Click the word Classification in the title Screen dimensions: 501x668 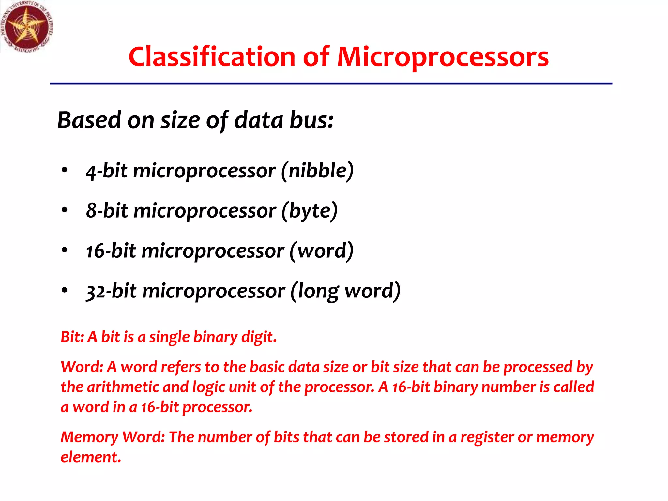(212, 57)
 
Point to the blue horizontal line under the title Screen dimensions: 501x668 (331, 84)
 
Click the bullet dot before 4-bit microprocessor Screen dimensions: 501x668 (65, 170)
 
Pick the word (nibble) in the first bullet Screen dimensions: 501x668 (317, 171)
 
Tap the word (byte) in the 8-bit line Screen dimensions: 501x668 (309, 211)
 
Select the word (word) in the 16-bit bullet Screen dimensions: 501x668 (321, 251)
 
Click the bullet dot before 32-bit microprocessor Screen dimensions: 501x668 (65, 290)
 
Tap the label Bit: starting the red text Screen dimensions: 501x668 (72, 337)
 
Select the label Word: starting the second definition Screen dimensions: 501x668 (82, 367)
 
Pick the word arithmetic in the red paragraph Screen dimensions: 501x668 (123, 387)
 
